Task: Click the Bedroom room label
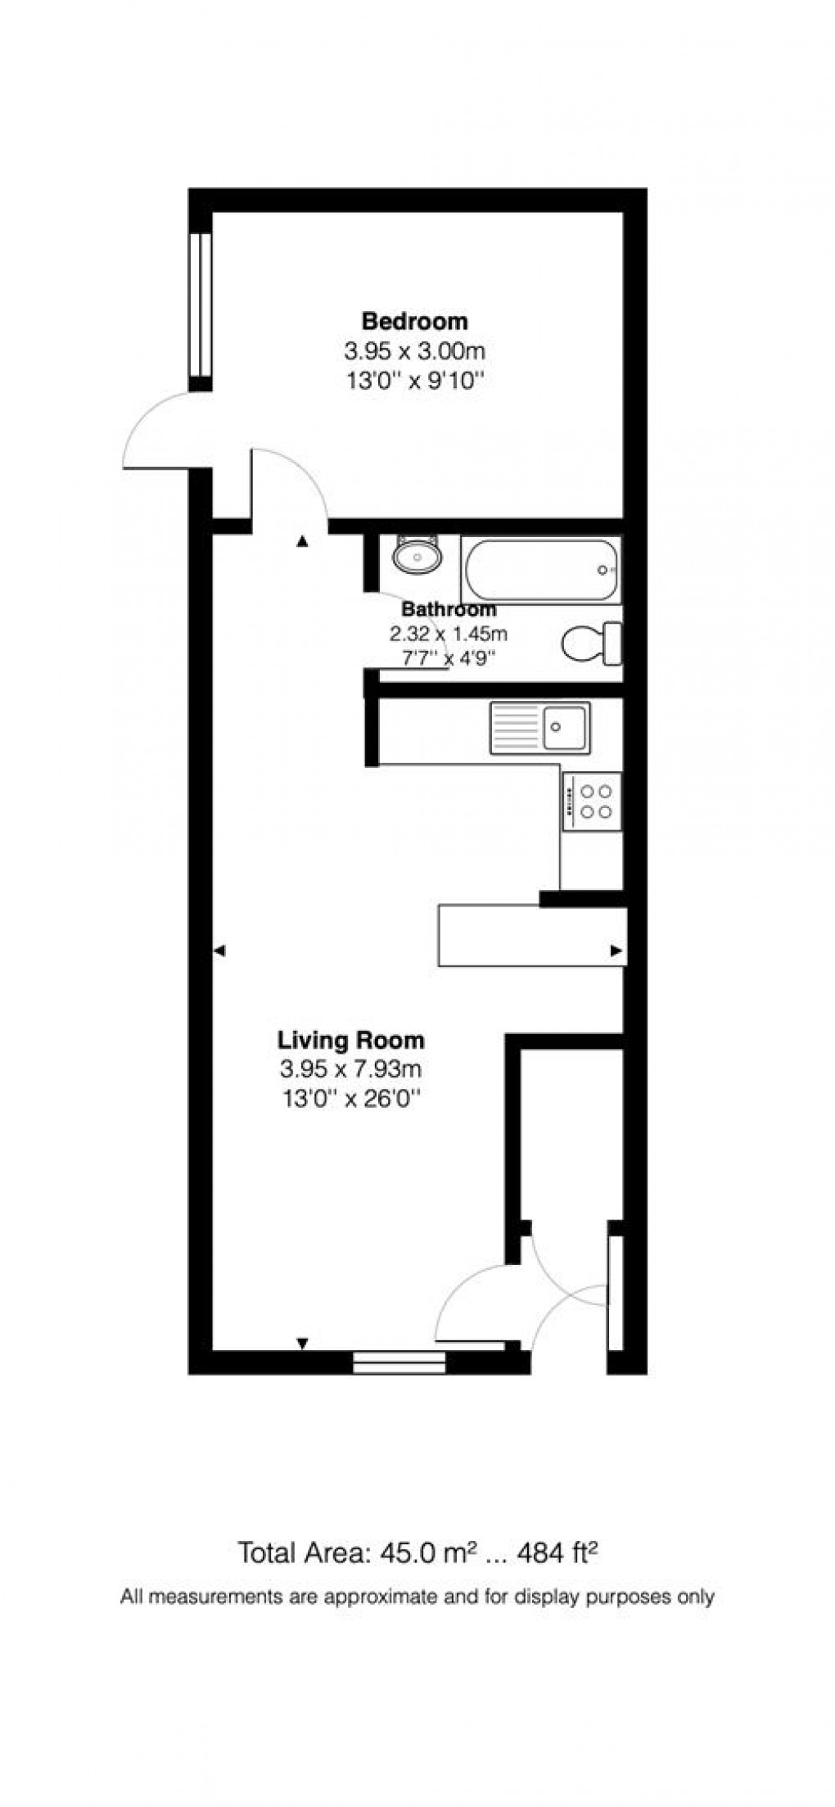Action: [415, 321]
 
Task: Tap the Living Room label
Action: [351, 1041]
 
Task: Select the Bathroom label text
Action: [449, 609]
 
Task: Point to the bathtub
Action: [539, 570]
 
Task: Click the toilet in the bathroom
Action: [592, 644]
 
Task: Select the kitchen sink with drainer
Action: [539, 727]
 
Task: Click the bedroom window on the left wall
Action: [201, 305]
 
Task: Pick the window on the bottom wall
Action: [399, 1362]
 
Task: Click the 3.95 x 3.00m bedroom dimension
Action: [415, 352]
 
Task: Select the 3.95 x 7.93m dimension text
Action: [351, 1069]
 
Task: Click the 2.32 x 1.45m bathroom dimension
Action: [449, 634]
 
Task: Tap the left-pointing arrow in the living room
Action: [219, 951]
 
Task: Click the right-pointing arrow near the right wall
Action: [618, 951]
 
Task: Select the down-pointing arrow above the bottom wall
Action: [302, 1344]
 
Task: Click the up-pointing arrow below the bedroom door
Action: [302, 540]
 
